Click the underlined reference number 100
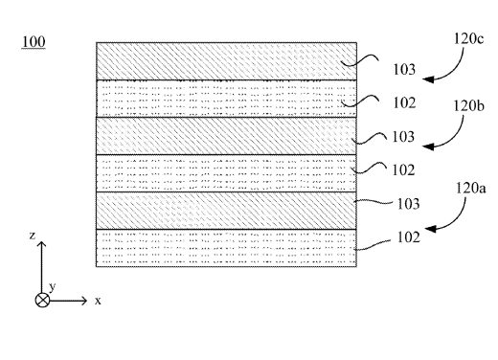(34, 42)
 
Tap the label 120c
(468, 38)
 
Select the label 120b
(468, 105)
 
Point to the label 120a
(470, 188)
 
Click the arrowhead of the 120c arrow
(428, 79)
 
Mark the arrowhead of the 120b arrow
(428, 146)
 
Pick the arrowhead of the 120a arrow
(430, 229)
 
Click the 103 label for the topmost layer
(404, 69)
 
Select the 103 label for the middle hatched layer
(403, 137)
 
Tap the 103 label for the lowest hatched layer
(408, 204)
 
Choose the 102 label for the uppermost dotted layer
(404, 102)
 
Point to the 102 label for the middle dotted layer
(403, 169)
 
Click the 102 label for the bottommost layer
(408, 237)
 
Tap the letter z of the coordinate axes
(32, 236)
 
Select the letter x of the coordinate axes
(98, 301)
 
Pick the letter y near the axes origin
(53, 286)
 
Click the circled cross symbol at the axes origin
(42, 301)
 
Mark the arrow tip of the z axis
(42, 242)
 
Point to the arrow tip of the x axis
(86, 301)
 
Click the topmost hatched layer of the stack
(226, 61)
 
